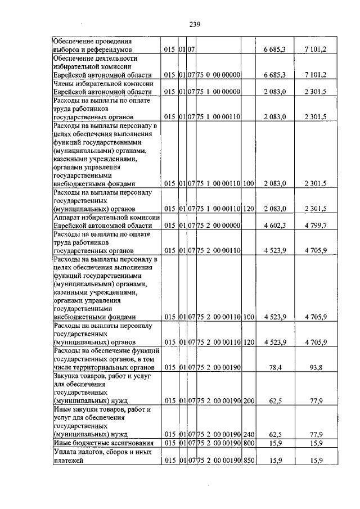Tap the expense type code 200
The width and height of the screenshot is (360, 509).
[249, 401]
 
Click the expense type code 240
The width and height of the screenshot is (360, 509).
[249, 435]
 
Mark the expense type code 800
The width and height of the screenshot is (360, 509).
[249, 443]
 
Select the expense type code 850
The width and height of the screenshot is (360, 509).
[249, 461]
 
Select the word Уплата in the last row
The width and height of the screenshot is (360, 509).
[66, 452]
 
